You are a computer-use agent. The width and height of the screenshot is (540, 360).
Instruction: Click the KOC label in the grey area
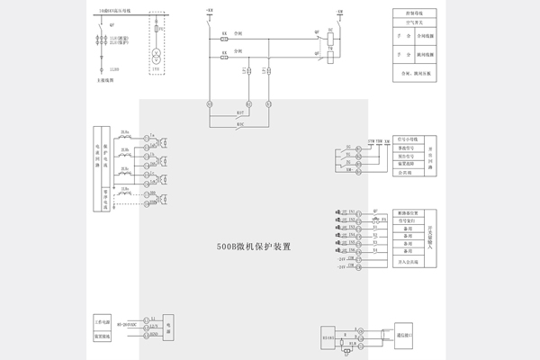click(240, 123)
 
